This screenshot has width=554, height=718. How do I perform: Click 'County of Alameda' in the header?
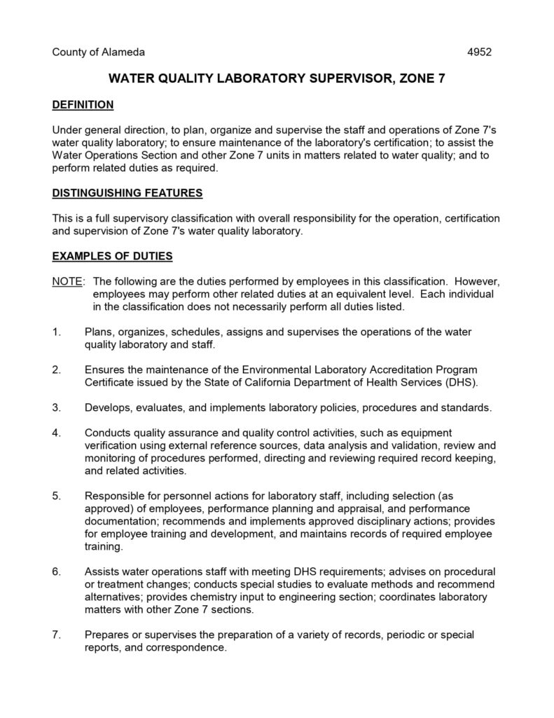(x=99, y=53)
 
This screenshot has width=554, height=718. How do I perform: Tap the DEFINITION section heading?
(x=83, y=105)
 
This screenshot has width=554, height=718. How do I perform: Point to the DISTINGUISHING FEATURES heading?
(x=128, y=192)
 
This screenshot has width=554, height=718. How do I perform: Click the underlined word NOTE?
(x=67, y=282)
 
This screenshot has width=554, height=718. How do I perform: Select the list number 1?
(x=56, y=332)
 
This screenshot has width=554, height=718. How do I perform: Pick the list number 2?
(x=56, y=370)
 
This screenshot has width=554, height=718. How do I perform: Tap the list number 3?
(x=56, y=408)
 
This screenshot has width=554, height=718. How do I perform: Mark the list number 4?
(x=56, y=433)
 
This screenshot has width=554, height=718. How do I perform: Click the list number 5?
(x=56, y=496)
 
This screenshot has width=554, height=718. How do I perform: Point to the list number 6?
(x=56, y=571)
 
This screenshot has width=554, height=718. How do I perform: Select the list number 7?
(x=56, y=635)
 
